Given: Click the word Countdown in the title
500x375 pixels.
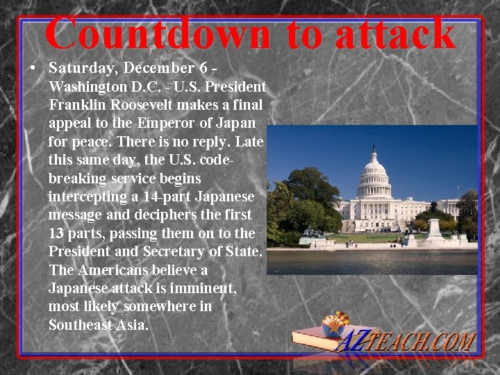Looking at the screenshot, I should click(158, 32).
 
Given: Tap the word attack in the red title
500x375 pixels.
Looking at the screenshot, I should click(394, 32).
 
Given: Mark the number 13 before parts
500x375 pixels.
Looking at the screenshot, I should click(56, 233).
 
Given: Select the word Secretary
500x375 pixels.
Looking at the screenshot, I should click(174, 251).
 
